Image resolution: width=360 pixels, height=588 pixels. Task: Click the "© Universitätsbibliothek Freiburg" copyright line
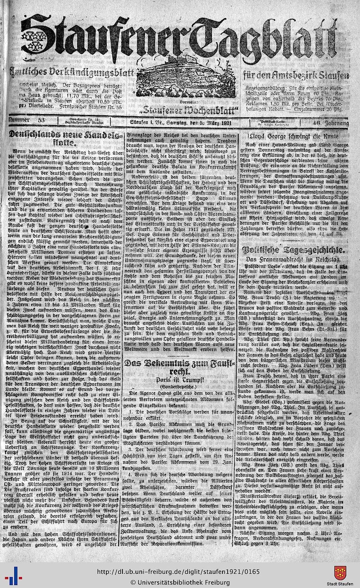180,582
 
